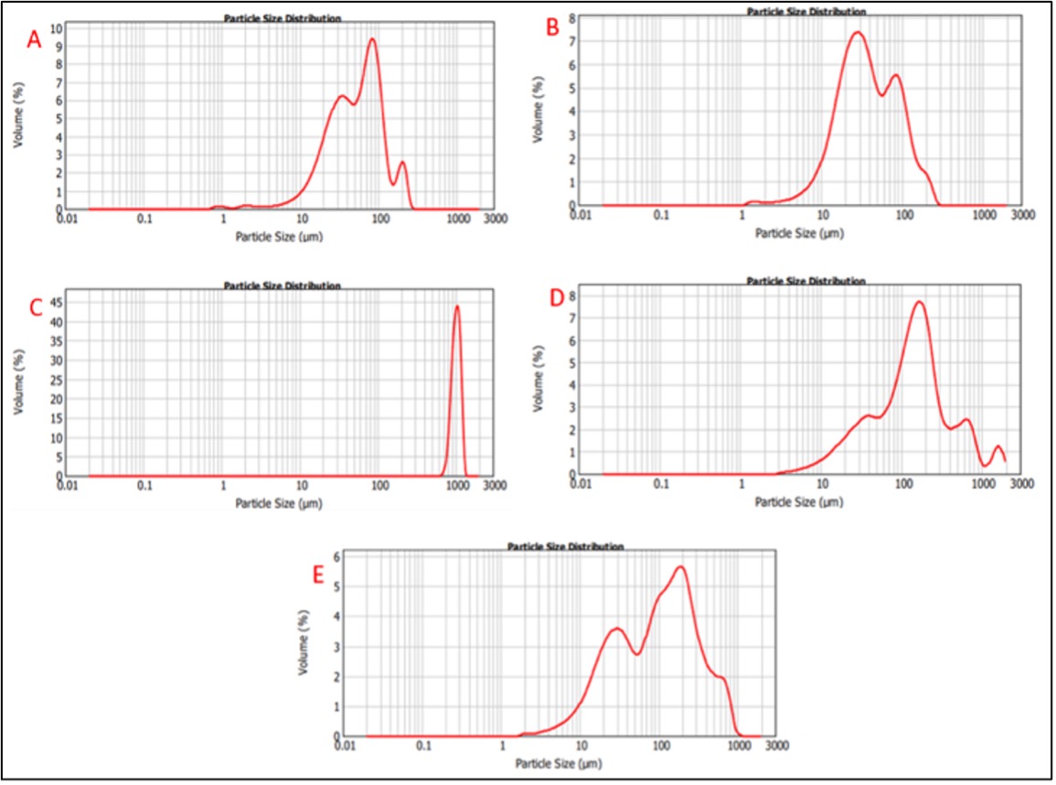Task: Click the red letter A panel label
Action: (x=35, y=39)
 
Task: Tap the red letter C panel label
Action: (x=37, y=306)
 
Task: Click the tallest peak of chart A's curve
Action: (x=372, y=38)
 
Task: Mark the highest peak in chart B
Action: (x=858, y=33)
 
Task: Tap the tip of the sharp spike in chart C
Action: (x=457, y=306)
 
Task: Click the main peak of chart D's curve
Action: (x=919, y=302)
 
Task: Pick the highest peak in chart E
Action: (x=680, y=567)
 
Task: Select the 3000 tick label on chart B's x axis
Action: (x=1023, y=216)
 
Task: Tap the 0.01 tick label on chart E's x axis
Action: (x=346, y=747)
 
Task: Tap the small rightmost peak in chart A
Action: (x=401, y=163)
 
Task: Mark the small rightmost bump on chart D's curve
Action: (x=997, y=446)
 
